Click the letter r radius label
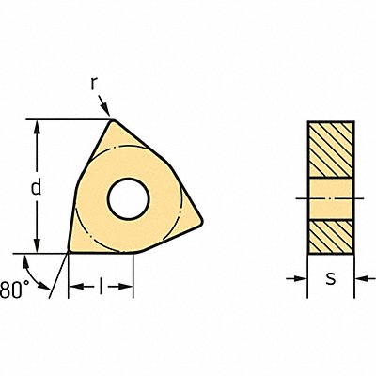point(95,84)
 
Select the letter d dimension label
point(36,187)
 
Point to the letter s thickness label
point(331,280)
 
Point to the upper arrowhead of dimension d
point(36,125)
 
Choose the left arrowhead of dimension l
point(73,287)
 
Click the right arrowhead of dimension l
point(129,287)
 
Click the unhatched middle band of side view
point(331,196)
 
